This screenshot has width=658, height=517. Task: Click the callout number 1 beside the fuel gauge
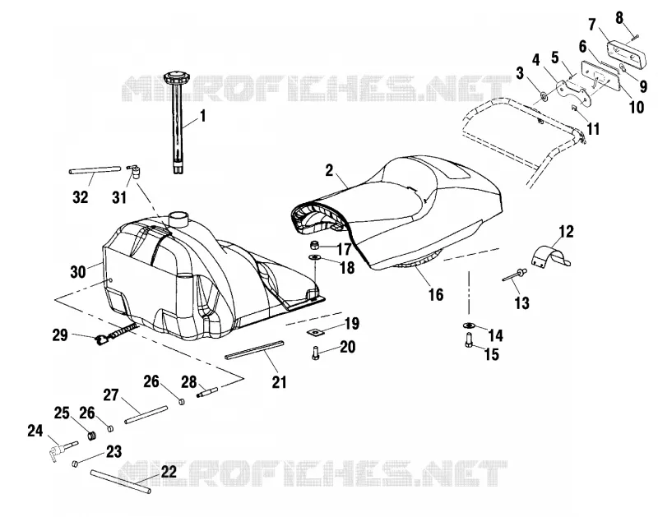pyautogui.click(x=203, y=116)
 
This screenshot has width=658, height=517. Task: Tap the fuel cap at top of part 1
pyautogui.click(x=175, y=78)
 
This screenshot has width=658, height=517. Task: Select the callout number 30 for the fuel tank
pyautogui.click(x=78, y=272)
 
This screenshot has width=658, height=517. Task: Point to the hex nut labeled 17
pyautogui.click(x=315, y=244)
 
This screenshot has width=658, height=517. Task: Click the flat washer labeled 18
pyautogui.click(x=314, y=256)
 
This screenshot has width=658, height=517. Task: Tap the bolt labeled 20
pyautogui.click(x=315, y=353)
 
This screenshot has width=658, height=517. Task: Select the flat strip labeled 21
pyautogui.click(x=254, y=349)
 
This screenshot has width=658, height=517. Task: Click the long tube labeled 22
pyautogui.click(x=120, y=482)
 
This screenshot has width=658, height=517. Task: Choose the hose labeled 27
pyautogui.click(x=146, y=414)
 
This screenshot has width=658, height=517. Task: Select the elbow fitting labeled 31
pyautogui.click(x=135, y=171)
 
